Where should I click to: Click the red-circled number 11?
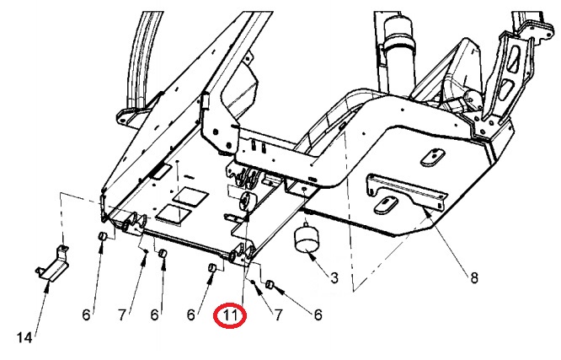click(x=231, y=316)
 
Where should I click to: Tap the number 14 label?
click(x=24, y=337)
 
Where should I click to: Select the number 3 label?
click(x=334, y=277)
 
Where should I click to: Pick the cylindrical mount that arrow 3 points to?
click(x=307, y=239)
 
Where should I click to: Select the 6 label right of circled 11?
click(x=318, y=315)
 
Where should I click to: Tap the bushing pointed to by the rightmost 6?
click(x=270, y=286)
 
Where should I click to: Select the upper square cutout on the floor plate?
click(x=190, y=197)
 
